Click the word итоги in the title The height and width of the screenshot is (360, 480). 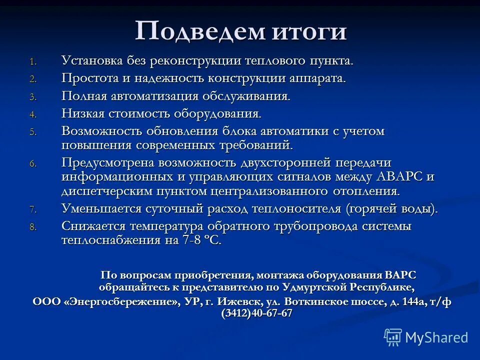pyautogui.click(x=309, y=32)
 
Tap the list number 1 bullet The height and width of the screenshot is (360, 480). pyautogui.click(x=32, y=62)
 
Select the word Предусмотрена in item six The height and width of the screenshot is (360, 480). pyautogui.click(x=107, y=163)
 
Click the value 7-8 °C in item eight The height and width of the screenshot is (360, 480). pyautogui.click(x=201, y=240)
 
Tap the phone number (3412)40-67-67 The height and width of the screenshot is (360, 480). pyautogui.click(x=257, y=314)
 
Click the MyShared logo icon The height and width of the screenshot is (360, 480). pyautogui.click(x=392, y=337)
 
